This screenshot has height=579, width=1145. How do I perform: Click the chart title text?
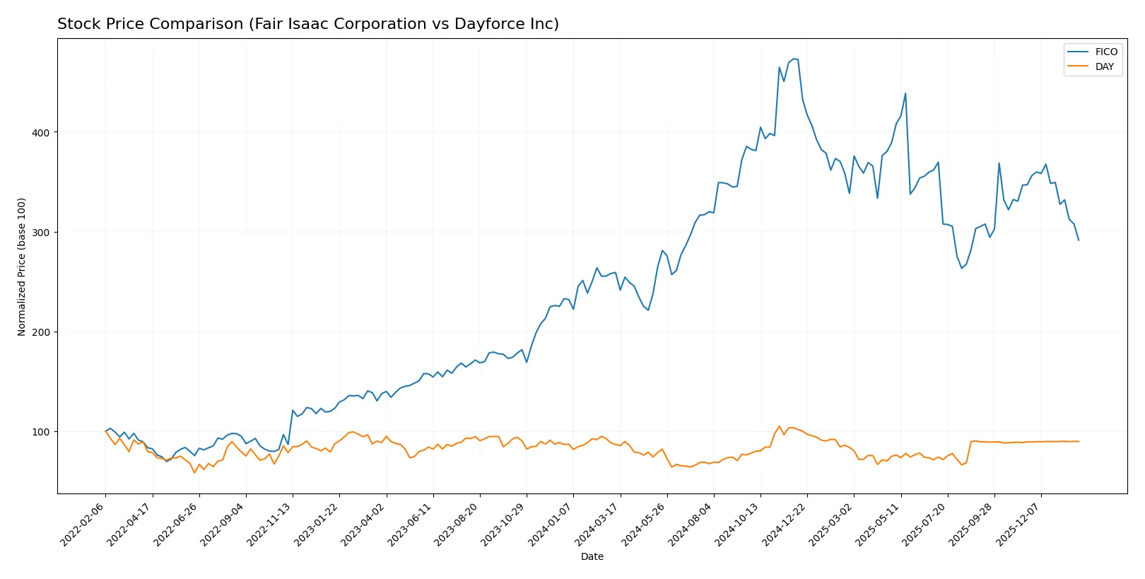tap(307, 24)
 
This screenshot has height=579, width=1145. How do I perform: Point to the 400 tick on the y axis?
tap(41, 133)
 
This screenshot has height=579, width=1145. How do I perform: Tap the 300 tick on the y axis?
tap(41, 233)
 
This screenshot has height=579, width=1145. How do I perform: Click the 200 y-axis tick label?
tap(41, 332)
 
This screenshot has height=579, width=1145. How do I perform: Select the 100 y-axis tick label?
tap(41, 432)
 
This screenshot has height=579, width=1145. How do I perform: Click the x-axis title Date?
tap(592, 556)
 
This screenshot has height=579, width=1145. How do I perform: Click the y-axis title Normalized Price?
tap(22, 267)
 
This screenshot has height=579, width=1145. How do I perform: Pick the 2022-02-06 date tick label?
tap(83, 524)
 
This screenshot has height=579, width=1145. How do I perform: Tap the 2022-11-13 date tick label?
tap(270, 524)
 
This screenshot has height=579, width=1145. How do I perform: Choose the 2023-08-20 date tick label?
tap(457, 524)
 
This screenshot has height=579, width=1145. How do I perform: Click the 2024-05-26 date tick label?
tap(645, 524)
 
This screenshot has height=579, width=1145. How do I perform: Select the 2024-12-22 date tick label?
tap(785, 524)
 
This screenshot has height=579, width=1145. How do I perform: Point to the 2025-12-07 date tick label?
tap(1018, 524)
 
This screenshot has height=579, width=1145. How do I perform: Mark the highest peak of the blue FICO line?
tap(794, 59)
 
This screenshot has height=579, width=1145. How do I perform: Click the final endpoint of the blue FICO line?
tap(1079, 240)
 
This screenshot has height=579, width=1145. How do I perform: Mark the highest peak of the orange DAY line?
tap(779, 426)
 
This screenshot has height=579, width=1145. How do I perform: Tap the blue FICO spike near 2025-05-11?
tap(905, 93)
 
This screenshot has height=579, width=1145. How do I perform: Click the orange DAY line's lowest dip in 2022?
tap(194, 472)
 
